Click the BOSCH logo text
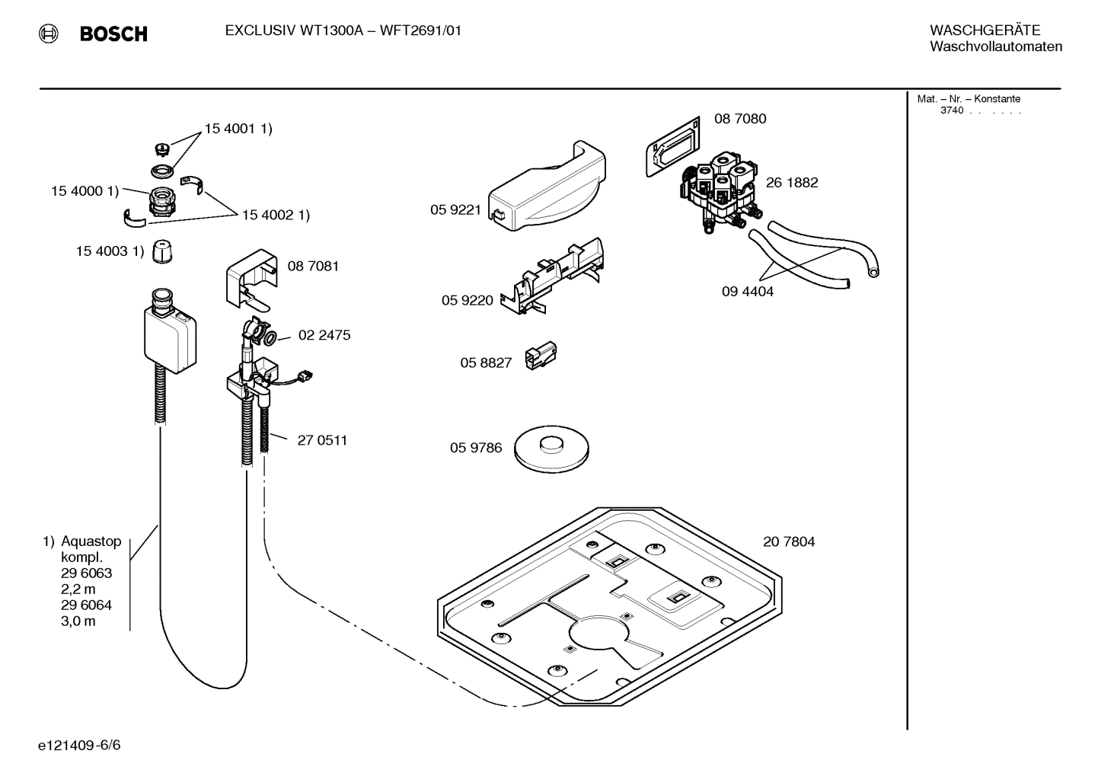click(x=113, y=34)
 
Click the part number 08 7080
click(x=739, y=119)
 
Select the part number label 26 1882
click(x=791, y=183)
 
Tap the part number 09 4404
click(x=747, y=292)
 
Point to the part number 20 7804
click(x=788, y=542)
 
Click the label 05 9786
click(x=475, y=448)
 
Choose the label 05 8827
click(x=485, y=363)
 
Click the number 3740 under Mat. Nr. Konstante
click(x=951, y=110)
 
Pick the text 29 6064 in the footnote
click(x=86, y=605)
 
